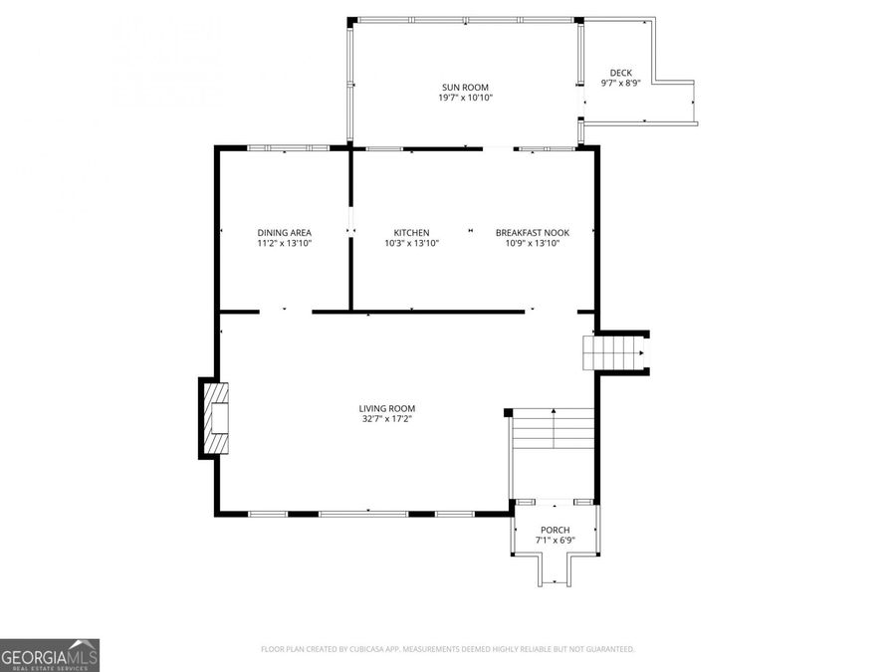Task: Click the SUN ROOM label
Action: [x=465, y=88]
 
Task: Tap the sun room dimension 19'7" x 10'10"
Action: [x=465, y=98]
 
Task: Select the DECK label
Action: [x=620, y=73]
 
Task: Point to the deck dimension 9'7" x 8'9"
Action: [x=620, y=84]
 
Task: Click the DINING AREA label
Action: [x=284, y=233]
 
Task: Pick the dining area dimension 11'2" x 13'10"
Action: [x=284, y=243]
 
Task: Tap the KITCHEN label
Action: [x=411, y=233]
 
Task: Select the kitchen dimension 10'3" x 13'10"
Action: [x=411, y=243]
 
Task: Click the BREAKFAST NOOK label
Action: [x=533, y=233]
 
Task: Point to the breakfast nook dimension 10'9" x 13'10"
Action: [x=533, y=243]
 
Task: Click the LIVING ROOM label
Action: [x=387, y=408]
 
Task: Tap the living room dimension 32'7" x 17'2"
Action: [x=387, y=419]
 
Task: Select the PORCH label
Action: [x=556, y=530]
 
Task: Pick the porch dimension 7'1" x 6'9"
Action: [x=556, y=541]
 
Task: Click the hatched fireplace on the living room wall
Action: [x=216, y=418]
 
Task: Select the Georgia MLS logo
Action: [x=50, y=655]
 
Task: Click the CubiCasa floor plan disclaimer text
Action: [x=447, y=649]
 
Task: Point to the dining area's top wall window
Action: [x=288, y=148]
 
